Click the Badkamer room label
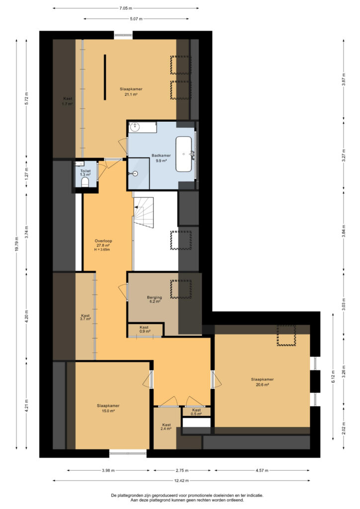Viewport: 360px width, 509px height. pos(161,156)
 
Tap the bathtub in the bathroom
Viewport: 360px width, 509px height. pos(184,154)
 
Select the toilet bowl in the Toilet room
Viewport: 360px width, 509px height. pos(86,182)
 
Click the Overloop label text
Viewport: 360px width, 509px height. pos(103,241)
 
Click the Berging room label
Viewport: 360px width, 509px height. pos(154,297)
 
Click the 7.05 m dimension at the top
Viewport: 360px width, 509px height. pos(126,8)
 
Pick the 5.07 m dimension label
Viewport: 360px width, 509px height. pos(136,19)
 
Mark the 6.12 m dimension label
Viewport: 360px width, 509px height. pos(333,377)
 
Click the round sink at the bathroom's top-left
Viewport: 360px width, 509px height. pos(134,127)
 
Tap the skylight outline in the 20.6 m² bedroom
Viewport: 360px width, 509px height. pos(286,335)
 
